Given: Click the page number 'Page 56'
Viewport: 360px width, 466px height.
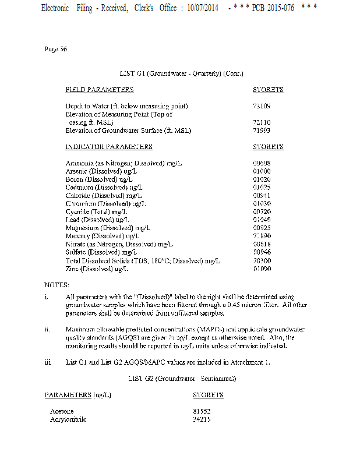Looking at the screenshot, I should point(56,49).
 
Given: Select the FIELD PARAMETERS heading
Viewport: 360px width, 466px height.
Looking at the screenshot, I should point(99,90).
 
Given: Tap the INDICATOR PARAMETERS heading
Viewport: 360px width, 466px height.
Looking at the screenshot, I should point(109,147).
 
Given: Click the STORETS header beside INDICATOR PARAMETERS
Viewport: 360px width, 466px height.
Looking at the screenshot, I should point(268,147).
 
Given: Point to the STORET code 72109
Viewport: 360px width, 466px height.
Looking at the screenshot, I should point(262,106).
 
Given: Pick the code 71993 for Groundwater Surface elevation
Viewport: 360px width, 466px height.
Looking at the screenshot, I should point(262,130).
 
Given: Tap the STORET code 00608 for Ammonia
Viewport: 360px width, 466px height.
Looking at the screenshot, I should point(262,163).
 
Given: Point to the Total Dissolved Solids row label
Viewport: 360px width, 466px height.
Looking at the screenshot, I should point(143,260).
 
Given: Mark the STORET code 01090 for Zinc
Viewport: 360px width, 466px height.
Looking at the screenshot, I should point(262,269).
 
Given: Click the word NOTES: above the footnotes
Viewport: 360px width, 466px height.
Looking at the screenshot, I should point(57,285).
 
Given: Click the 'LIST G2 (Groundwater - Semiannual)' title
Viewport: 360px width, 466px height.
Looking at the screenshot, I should point(181,379).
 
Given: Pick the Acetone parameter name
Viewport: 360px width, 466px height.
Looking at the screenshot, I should point(62,411).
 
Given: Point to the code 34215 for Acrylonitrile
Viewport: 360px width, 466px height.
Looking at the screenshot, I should point(202,419).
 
